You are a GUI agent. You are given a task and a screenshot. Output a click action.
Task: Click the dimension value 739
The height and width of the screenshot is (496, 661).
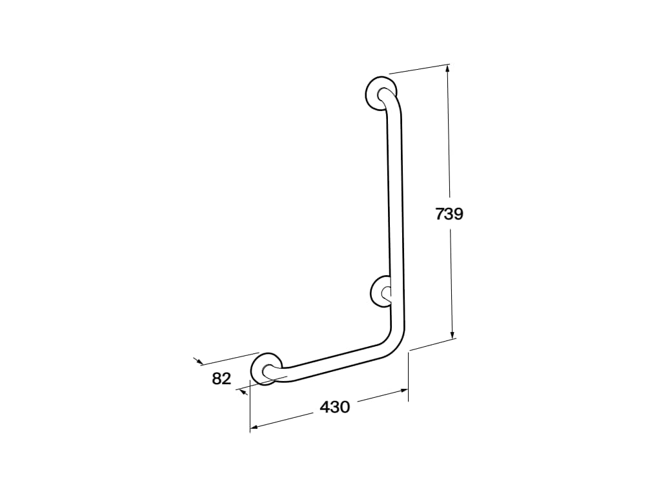click(449, 214)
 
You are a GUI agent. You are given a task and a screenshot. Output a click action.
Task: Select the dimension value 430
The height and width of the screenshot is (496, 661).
click(334, 407)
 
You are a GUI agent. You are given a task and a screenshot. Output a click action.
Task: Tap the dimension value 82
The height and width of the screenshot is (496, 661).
click(221, 378)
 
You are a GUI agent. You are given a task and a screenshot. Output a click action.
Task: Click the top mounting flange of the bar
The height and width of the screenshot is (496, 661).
click(378, 93)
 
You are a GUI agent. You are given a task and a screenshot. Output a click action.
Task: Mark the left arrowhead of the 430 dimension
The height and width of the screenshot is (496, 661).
click(254, 426)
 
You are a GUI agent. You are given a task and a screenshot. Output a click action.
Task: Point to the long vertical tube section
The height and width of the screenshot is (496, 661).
click(395, 213)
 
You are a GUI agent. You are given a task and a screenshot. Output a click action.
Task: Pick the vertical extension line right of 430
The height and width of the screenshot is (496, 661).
click(408, 375)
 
